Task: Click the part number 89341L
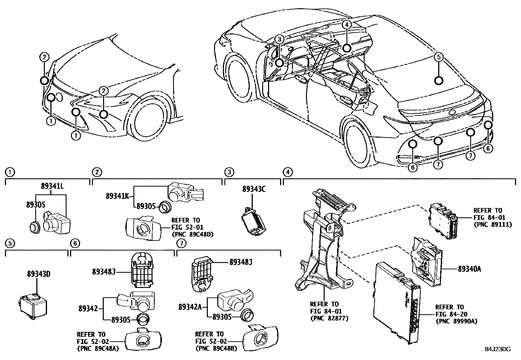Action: click(52, 186)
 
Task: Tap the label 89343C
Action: click(254, 189)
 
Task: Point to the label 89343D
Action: click(39, 274)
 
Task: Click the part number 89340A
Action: click(469, 269)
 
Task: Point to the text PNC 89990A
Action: click(455, 321)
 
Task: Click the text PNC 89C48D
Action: click(190, 234)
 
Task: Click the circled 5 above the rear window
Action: click(439, 57)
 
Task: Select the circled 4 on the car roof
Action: click(347, 24)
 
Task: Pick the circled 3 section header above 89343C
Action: click(229, 172)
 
